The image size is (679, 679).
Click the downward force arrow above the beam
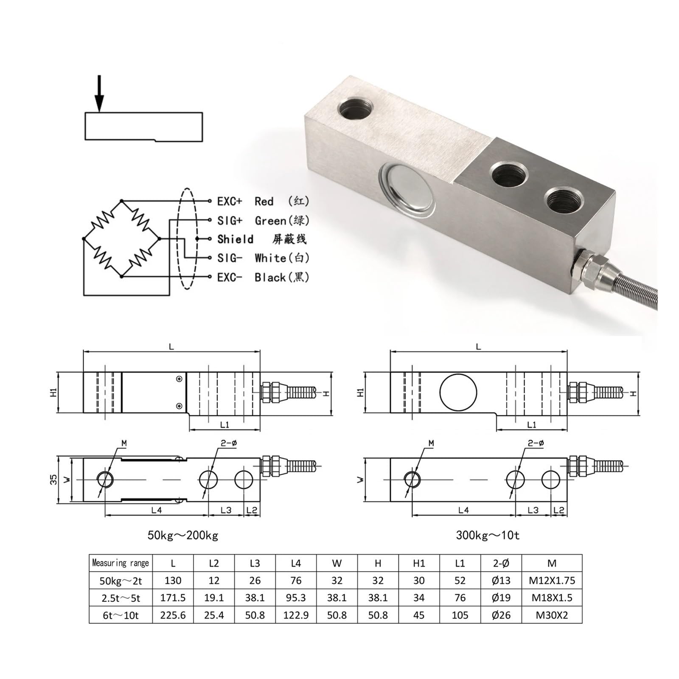pos(99,93)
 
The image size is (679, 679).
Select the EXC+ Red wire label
pos(263,201)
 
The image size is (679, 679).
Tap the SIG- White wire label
pos(263,258)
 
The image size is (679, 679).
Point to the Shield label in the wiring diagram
pos(235,239)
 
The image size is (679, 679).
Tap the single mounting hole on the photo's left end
pos(356,109)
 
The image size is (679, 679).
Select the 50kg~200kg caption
pos(183,535)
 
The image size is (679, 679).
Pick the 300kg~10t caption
pos(488,535)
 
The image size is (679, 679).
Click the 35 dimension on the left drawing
pos(53,480)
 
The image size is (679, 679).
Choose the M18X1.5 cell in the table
pos(552,598)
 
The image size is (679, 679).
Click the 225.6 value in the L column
pos(173,615)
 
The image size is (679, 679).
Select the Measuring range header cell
pos(121,563)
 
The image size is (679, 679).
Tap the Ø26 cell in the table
pos(501,615)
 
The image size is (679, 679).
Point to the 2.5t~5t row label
pos(121,598)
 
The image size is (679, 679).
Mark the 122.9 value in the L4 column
pos(296,615)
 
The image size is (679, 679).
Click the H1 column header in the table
pos(419,563)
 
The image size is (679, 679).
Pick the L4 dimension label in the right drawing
pos(463,510)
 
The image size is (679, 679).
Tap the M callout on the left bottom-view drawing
pos(124,443)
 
